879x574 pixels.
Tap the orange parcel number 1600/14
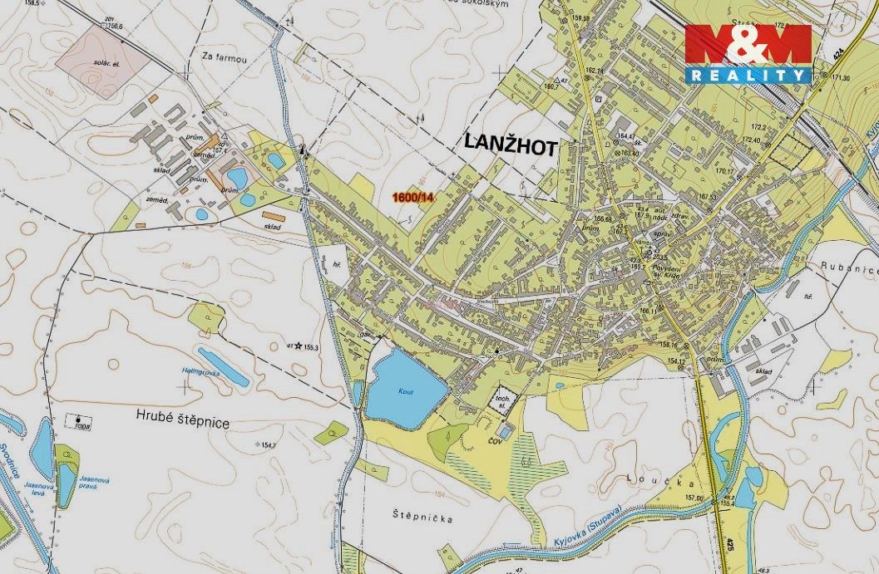point(413,197)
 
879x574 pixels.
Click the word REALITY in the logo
point(748,76)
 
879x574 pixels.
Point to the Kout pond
point(404,385)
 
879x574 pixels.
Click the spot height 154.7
point(268,446)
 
